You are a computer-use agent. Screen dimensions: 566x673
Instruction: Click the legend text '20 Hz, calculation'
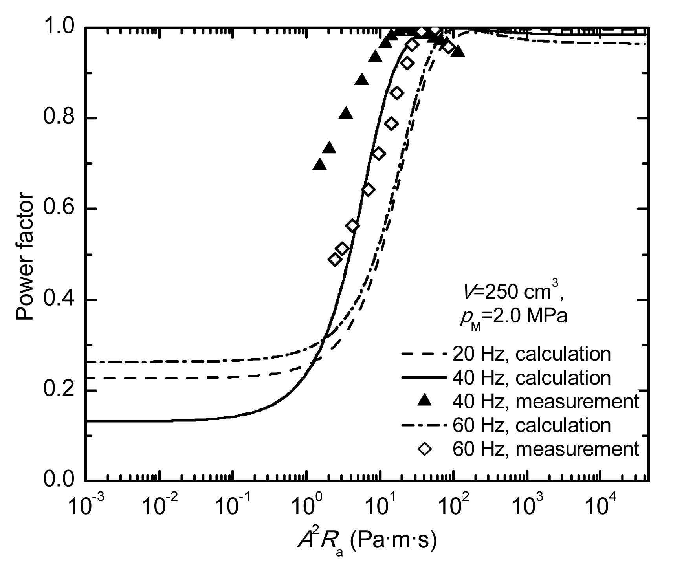tap(532, 354)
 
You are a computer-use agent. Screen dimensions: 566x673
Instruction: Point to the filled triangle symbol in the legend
tap(425, 401)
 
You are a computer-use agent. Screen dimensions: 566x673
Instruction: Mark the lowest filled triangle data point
tap(320, 165)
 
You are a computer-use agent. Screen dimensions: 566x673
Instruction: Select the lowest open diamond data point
tap(335, 259)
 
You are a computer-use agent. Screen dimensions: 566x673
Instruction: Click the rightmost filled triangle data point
tap(457, 51)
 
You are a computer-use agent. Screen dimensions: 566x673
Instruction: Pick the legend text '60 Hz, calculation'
tap(532, 425)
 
